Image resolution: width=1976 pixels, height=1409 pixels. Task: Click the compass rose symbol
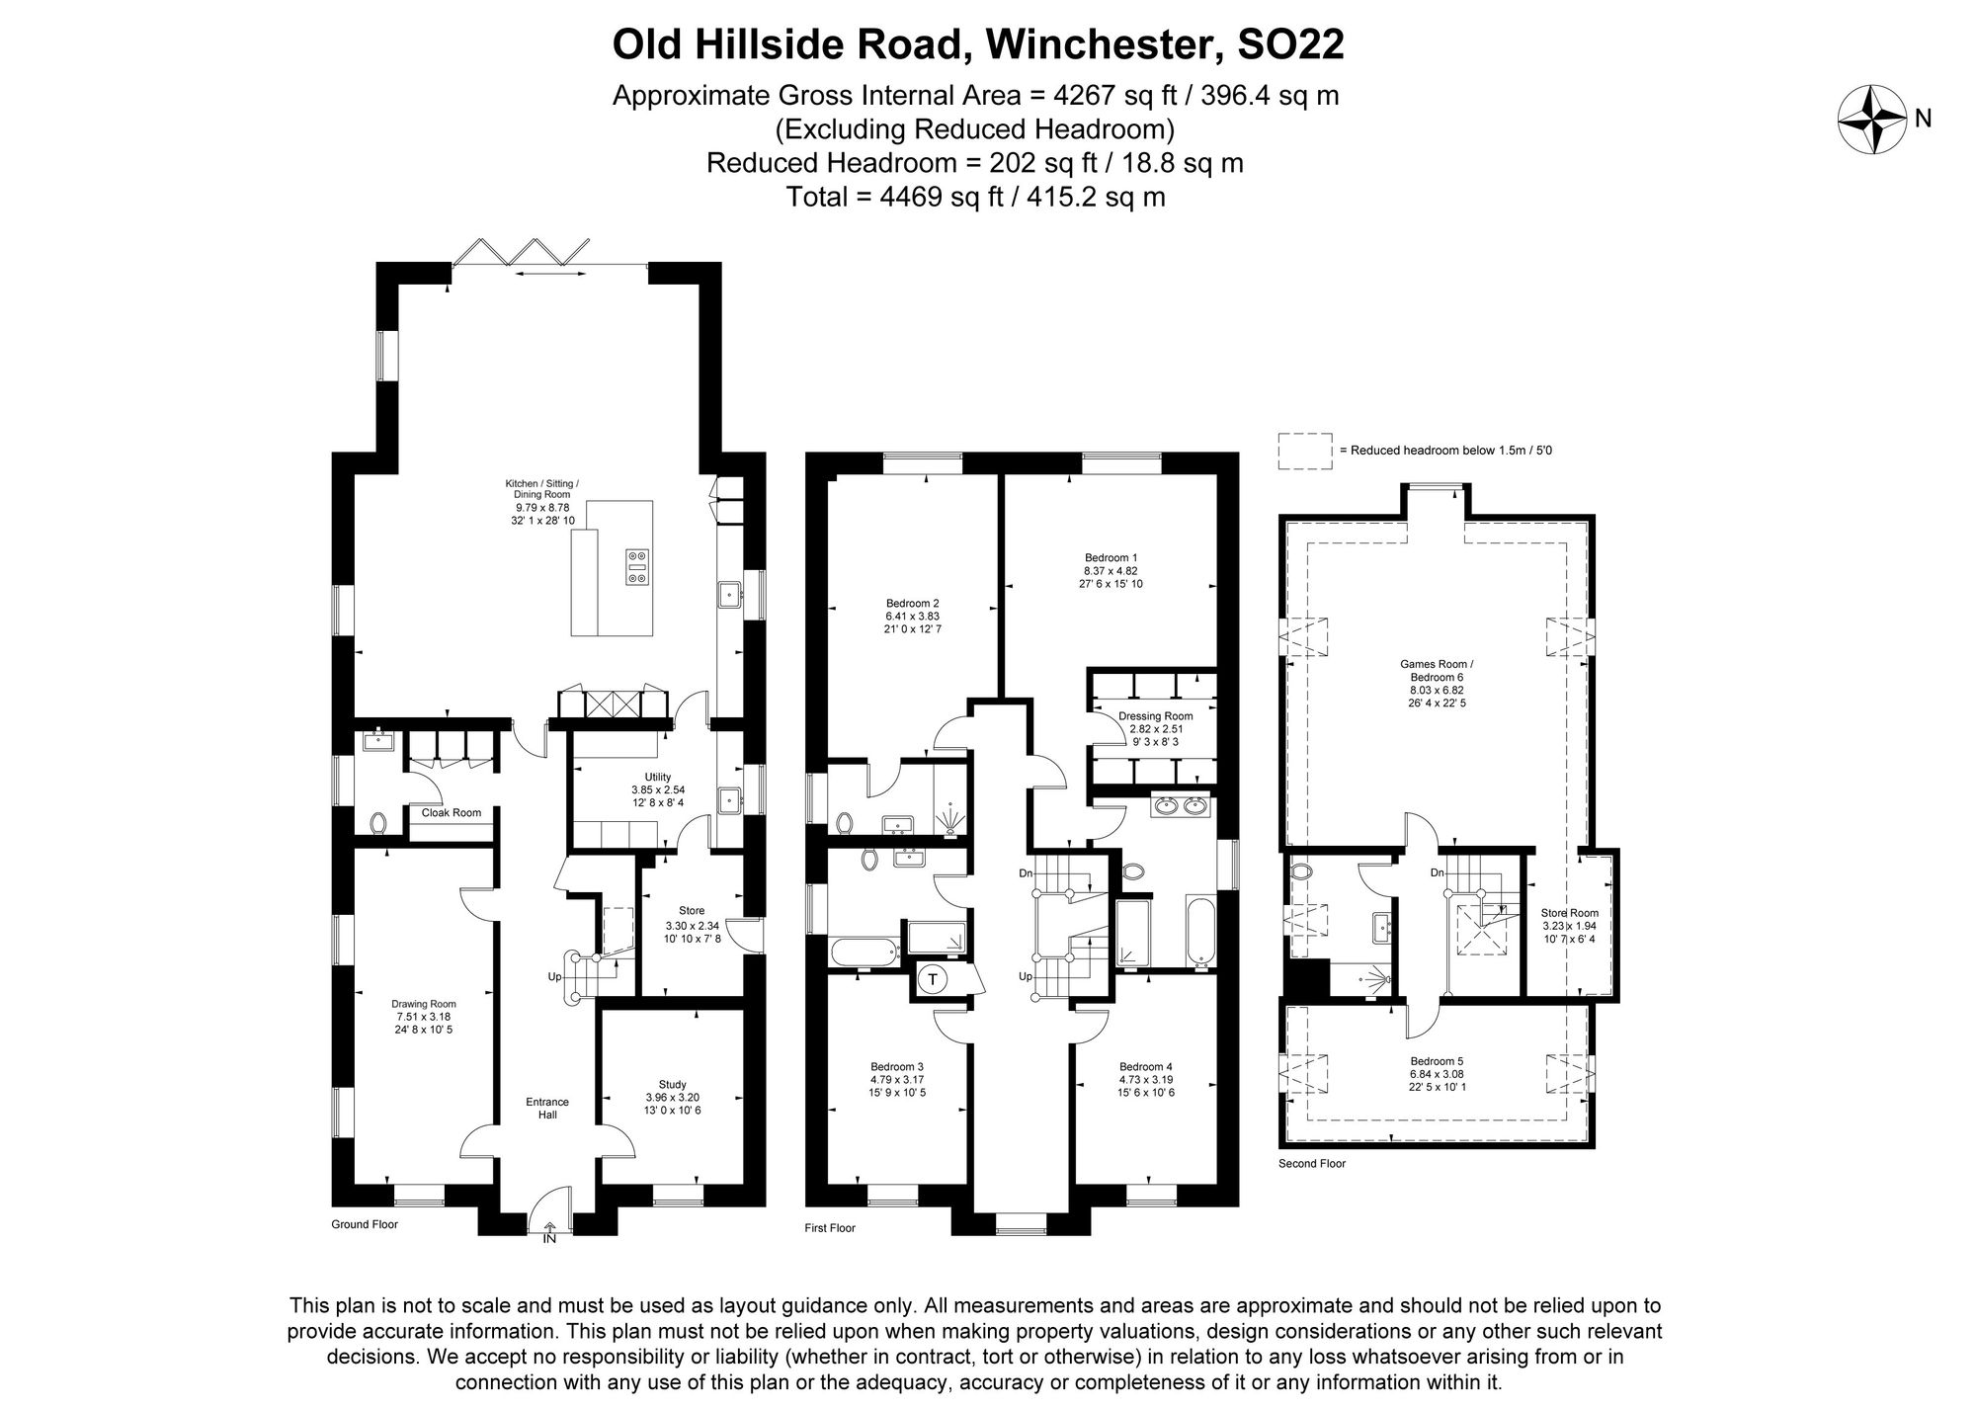1871,120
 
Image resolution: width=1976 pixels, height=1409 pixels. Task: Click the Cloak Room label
452,813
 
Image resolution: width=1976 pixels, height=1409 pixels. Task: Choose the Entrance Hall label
547,1108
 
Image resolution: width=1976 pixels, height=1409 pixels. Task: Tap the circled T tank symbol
932,980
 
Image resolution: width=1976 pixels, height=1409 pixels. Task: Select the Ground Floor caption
365,1224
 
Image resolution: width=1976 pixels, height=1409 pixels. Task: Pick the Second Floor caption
1312,1164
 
